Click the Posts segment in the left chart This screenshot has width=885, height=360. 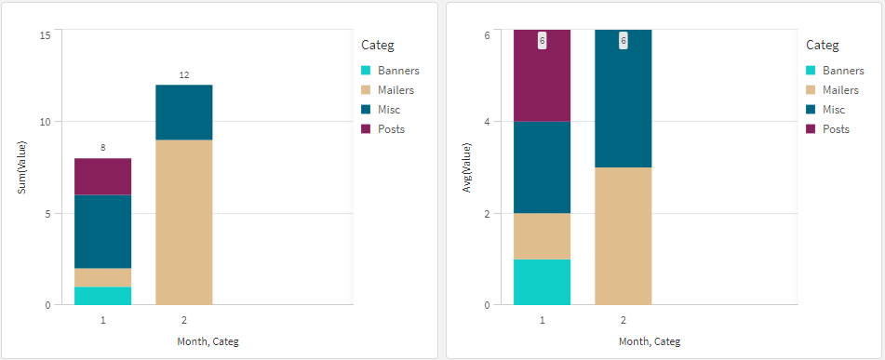point(102,176)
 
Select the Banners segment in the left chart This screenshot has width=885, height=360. point(102,296)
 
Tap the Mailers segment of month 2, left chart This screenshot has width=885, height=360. point(183,221)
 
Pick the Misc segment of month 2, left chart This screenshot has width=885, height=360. point(183,112)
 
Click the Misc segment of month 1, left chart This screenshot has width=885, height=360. point(102,231)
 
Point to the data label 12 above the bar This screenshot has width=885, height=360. point(183,74)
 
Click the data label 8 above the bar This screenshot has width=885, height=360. point(102,148)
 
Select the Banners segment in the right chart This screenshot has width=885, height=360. point(542,282)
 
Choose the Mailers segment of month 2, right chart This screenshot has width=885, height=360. point(623,235)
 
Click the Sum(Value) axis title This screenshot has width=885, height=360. point(21,167)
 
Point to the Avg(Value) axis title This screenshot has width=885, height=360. point(467,167)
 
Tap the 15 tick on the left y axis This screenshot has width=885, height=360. point(45,34)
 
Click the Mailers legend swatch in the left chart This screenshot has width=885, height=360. point(366,90)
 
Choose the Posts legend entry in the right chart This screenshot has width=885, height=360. point(836,129)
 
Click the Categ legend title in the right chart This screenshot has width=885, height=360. point(822,45)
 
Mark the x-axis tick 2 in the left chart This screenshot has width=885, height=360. point(183,319)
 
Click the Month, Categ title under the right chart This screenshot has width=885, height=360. point(649,341)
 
